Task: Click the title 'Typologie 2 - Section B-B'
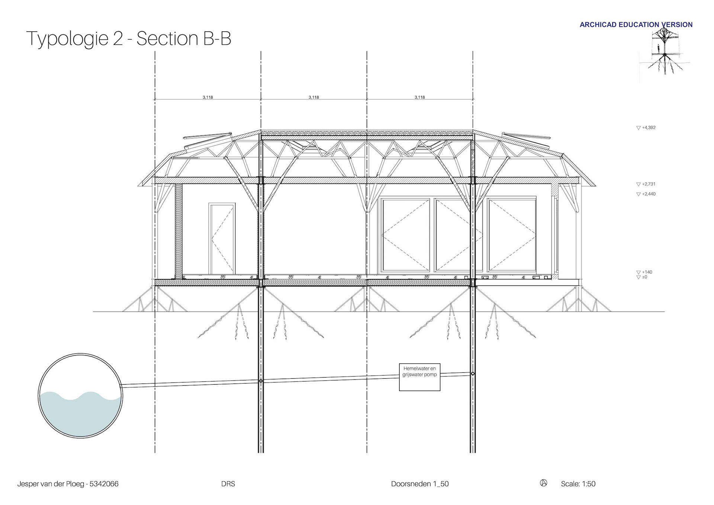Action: click(x=129, y=39)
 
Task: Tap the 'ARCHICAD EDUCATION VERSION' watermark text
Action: click(x=636, y=25)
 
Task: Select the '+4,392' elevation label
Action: click(x=649, y=128)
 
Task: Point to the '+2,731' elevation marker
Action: click(x=649, y=184)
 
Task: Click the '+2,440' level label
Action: click(x=649, y=194)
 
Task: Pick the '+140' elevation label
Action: click(x=647, y=272)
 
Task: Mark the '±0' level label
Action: click(x=644, y=277)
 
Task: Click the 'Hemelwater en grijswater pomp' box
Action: click(x=419, y=377)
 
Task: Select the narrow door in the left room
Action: click(x=222, y=239)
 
